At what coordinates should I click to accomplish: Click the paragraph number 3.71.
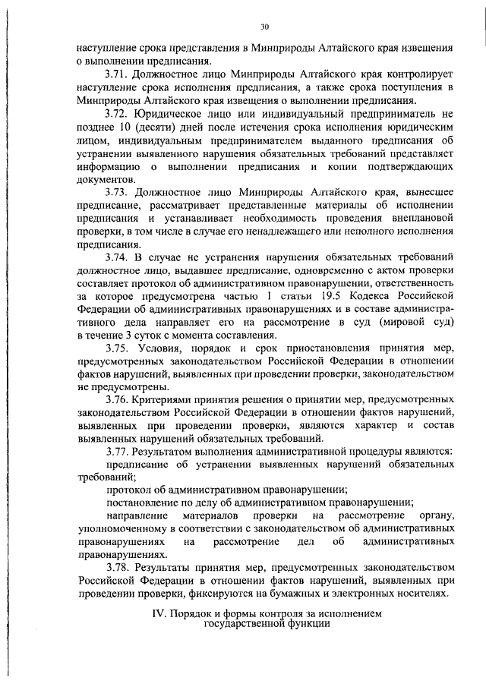[118, 75]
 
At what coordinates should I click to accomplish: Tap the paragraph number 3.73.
[118, 194]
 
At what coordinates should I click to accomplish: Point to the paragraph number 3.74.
[118, 259]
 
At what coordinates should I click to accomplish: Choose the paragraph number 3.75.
[118, 347]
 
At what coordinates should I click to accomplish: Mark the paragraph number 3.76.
[118, 399]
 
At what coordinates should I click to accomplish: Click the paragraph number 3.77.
[118, 452]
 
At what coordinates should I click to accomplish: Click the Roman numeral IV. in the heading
[161, 612]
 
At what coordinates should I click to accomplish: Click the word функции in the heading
[308, 623]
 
